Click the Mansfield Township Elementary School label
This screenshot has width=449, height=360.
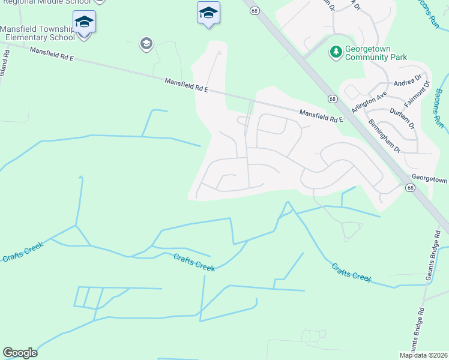[x=37, y=33]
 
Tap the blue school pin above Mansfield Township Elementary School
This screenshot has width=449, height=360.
[x=84, y=22]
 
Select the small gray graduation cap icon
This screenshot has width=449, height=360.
[x=146, y=43]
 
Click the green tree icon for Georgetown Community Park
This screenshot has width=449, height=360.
[x=335, y=52]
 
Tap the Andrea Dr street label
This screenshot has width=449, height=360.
[x=408, y=83]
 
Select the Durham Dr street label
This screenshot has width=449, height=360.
[x=402, y=117]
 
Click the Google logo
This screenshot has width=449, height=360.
[x=20, y=353]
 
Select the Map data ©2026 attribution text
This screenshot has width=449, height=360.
[x=423, y=355]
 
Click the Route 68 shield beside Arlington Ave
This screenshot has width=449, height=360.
[x=332, y=98]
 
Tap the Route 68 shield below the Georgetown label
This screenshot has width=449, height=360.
[x=410, y=188]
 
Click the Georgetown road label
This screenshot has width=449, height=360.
[x=430, y=179]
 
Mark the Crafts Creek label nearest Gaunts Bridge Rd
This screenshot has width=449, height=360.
[x=352, y=274]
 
